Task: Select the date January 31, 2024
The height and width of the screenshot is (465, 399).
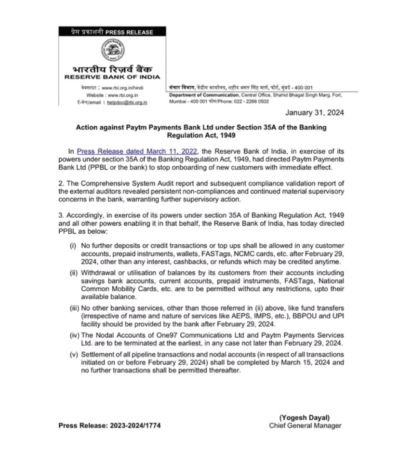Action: [315, 113]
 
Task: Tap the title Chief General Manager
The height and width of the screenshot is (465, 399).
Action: [306, 425]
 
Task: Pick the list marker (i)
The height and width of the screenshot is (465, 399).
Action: [73, 246]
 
